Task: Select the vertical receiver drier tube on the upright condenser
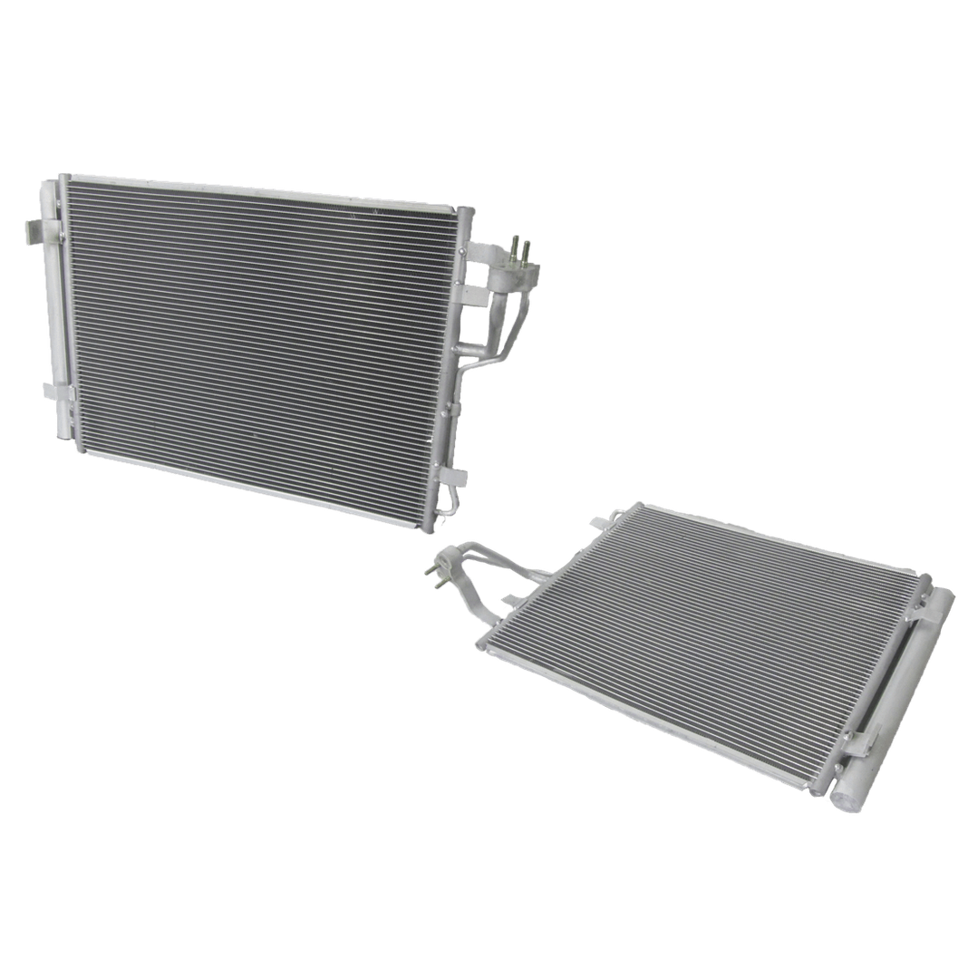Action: click(56, 308)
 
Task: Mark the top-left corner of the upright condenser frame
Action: click(64, 175)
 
